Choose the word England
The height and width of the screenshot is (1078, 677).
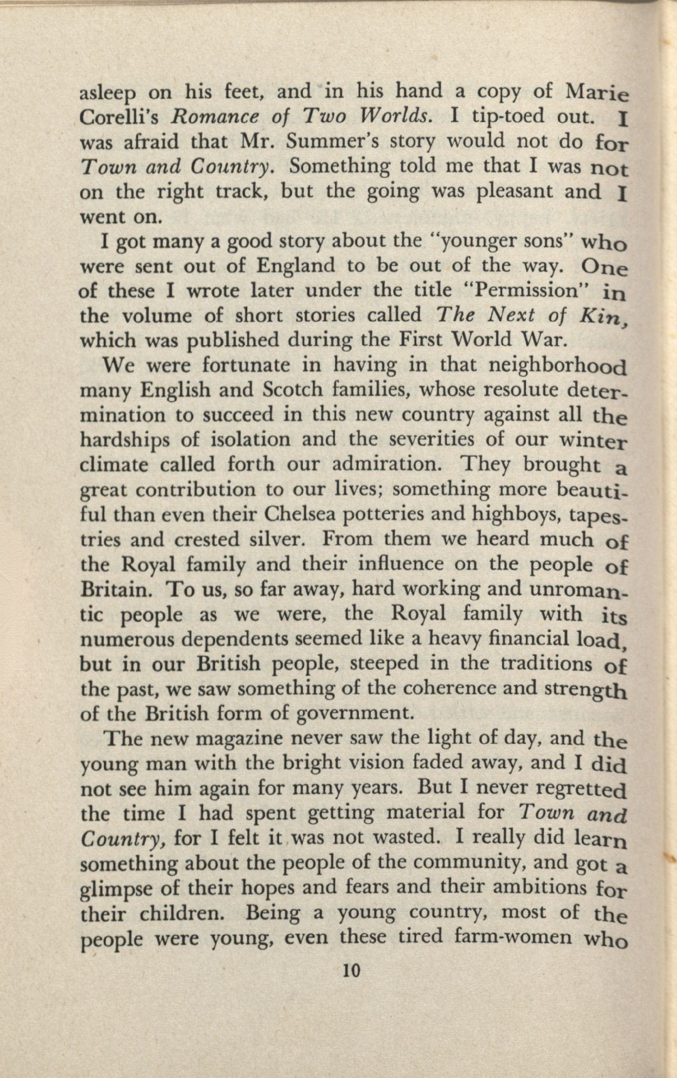pos(295,266)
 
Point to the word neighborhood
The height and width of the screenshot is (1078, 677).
pos(557,366)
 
